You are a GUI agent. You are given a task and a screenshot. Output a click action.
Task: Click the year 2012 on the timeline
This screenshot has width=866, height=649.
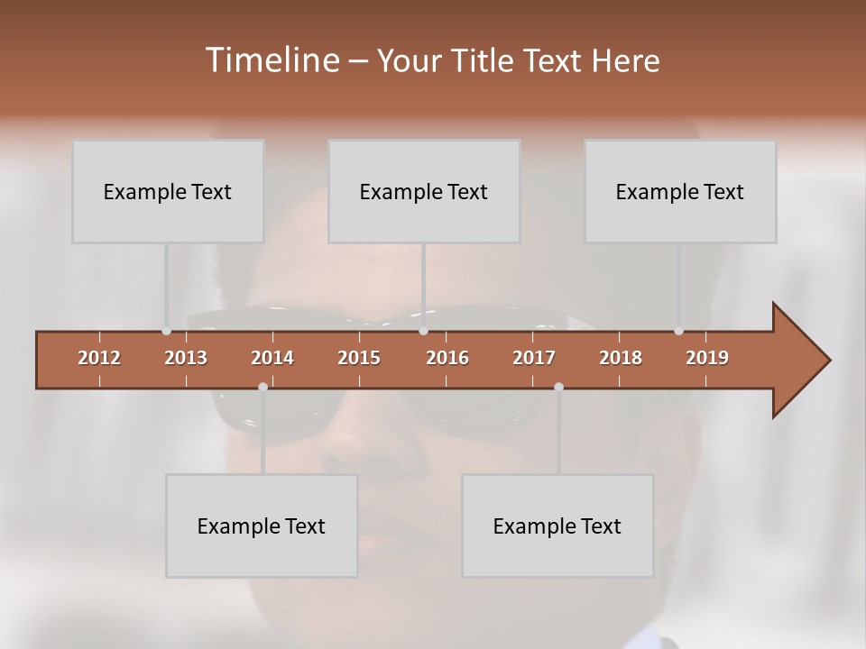pos(99,358)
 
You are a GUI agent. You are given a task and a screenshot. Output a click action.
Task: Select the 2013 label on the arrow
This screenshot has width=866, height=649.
pos(186,358)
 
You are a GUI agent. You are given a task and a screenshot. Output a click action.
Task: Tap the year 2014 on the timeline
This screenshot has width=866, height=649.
pos(272,358)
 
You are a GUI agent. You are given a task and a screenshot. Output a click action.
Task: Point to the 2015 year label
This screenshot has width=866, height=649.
pos(359,358)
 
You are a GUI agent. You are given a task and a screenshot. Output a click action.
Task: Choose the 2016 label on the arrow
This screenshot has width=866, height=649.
pos(447,358)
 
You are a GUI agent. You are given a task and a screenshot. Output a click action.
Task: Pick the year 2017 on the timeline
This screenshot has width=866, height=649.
pos(534,358)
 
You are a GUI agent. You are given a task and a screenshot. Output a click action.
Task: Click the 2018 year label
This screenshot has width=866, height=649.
pos(621,358)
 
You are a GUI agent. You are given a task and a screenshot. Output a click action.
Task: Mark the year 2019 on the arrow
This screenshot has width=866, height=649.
pos(707,358)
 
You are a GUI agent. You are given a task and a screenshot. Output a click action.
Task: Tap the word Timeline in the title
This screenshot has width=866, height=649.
pos(271,59)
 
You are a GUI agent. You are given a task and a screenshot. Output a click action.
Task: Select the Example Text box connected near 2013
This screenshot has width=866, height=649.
pos(168,191)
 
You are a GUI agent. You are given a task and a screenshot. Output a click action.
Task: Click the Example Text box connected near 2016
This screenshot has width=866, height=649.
pos(424,191)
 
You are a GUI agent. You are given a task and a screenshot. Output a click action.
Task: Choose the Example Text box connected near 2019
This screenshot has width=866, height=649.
pos(680,191)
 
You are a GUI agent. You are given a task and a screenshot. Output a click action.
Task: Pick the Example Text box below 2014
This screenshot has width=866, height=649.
pos(262,526)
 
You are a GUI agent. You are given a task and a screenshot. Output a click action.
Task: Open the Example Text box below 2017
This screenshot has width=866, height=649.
pos(557,526)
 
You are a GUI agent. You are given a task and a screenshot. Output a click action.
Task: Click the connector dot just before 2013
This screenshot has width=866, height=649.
pos(166,331)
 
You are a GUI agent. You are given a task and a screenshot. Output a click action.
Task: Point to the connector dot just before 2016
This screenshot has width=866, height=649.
pos(423,331)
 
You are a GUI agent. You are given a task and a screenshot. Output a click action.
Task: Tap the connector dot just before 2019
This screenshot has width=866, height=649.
pos(678,331)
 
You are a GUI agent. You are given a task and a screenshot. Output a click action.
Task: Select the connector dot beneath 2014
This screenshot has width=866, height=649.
pos(263,387)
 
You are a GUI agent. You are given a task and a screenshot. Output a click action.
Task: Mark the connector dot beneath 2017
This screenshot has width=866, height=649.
pos(558,387)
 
